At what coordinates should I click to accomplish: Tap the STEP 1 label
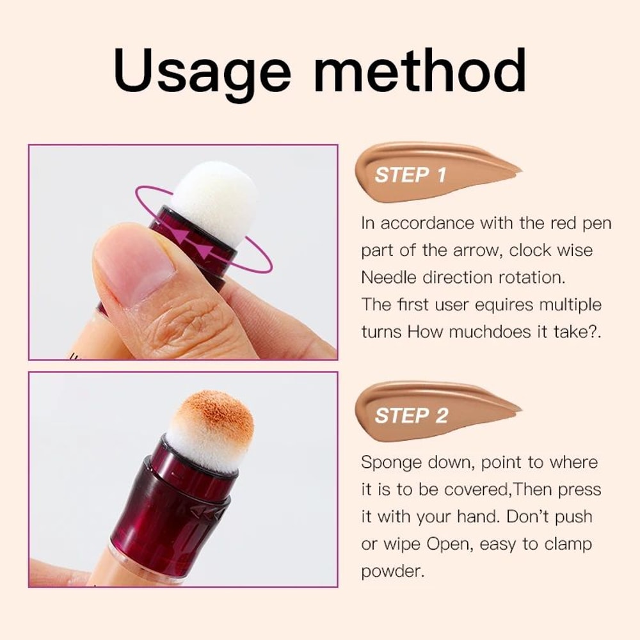pos(410,175)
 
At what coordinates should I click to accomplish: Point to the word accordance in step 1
pos(436,223)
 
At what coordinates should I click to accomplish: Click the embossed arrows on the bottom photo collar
pos(211,511)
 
